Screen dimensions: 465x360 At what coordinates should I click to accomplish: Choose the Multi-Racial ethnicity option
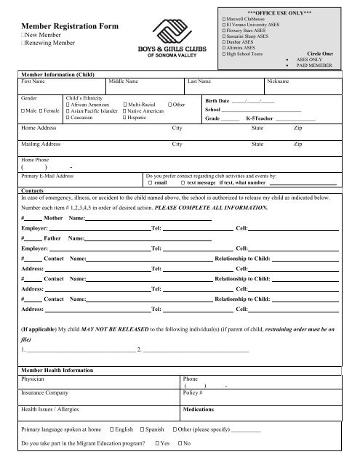pos(127,103)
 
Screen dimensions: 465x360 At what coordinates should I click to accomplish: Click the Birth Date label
pos(218,101)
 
